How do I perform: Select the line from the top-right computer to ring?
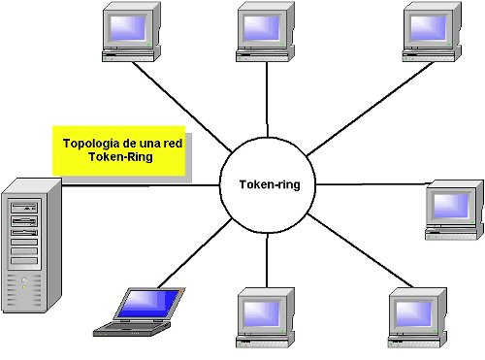tap(354, 107)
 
